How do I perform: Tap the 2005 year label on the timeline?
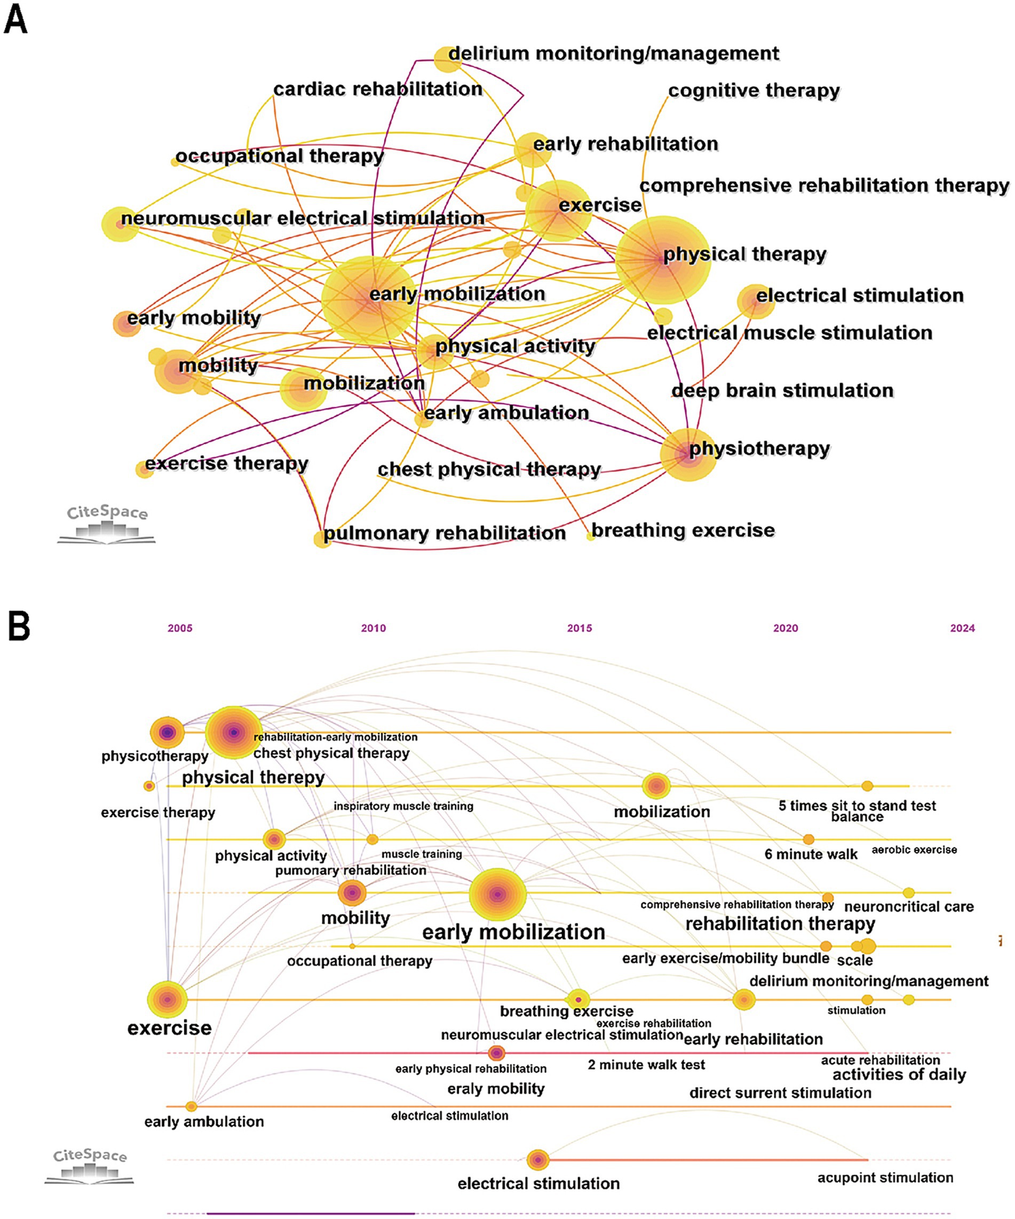(x=180, y=628)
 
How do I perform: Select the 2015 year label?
(x=580, y=628)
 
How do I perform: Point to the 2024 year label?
(x=962, y=628)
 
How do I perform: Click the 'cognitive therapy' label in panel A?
(x=754, y=91)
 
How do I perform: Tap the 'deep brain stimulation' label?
(x=782, y=391)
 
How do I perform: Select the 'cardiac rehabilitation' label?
(x=377, y=89)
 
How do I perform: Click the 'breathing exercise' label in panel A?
(x=683, y=530)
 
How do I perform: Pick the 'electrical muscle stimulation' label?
(x=790, y=332)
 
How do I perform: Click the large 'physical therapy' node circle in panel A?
(x=663, y=259)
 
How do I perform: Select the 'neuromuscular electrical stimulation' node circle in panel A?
(x=120, y=224)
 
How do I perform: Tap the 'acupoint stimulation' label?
(x=885, y=1178)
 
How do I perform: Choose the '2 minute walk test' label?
(x=646, y=1065)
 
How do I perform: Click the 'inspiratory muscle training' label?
(x=403, y=806)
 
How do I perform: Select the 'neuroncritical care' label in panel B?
(x=909, y=907)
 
